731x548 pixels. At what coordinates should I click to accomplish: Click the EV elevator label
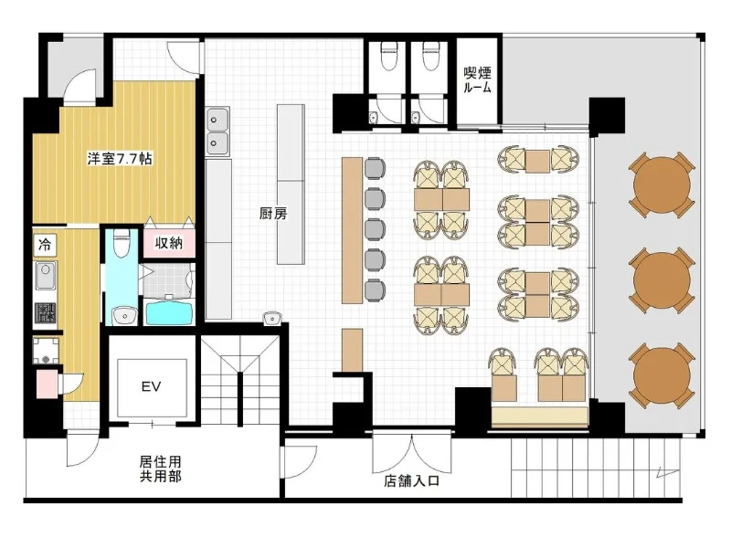point(151,386)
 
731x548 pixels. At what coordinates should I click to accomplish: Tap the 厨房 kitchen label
point(273,214)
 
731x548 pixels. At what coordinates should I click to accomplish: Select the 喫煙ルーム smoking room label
point(477,79)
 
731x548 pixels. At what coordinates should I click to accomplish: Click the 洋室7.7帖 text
point(120,159)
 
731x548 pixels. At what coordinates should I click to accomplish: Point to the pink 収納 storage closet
point(169,243)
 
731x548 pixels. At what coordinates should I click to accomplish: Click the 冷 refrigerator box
point(45,244)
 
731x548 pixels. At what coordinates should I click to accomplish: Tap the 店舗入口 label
point(412,481)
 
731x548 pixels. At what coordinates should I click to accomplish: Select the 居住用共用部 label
point(161,469)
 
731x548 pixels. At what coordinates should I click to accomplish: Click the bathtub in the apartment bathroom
point(169,313)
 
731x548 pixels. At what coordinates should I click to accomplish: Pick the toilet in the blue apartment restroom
point(122,242)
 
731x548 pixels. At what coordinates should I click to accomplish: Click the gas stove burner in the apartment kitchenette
point(45,312)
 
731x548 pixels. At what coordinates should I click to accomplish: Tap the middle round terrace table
point(662,280)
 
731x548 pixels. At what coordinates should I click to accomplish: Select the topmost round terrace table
point(662,184)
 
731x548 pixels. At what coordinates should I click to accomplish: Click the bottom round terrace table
point(662,376)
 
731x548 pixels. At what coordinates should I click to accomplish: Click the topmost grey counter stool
point(375,168)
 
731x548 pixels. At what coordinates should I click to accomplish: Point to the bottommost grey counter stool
point(375,290)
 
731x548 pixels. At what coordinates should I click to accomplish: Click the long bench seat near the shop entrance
point(540,417)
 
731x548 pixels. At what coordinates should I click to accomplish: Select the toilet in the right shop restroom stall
point(429,56)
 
